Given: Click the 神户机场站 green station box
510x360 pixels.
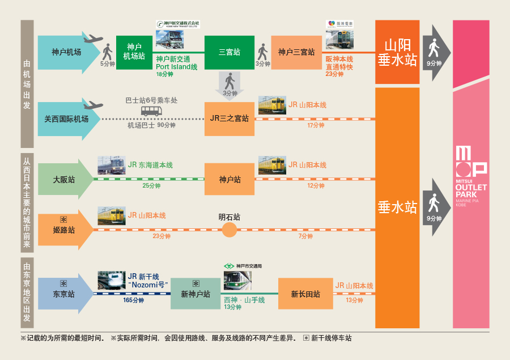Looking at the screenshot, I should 134,52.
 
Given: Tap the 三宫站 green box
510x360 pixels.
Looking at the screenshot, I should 229,52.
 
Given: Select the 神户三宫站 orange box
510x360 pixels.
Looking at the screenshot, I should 296,52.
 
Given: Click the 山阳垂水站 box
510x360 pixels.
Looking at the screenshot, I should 397,52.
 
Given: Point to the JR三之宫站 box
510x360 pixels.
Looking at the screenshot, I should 229,119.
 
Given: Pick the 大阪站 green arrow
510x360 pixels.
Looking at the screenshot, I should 64,179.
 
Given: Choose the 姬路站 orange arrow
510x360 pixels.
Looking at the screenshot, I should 64,230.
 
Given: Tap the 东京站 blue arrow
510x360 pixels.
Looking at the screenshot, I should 64,294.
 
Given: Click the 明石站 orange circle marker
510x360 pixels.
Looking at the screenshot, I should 229,230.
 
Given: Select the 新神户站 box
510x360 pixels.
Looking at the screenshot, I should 195,294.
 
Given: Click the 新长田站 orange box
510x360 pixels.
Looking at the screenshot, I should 305,294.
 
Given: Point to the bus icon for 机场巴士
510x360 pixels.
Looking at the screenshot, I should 151,111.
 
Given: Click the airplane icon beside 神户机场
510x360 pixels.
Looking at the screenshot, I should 92,39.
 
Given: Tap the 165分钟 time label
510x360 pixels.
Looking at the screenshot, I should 134,300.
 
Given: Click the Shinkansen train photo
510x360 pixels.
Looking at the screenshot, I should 111,280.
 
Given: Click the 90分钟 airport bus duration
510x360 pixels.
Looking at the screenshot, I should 166,125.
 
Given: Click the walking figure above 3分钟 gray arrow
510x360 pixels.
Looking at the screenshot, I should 229,81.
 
